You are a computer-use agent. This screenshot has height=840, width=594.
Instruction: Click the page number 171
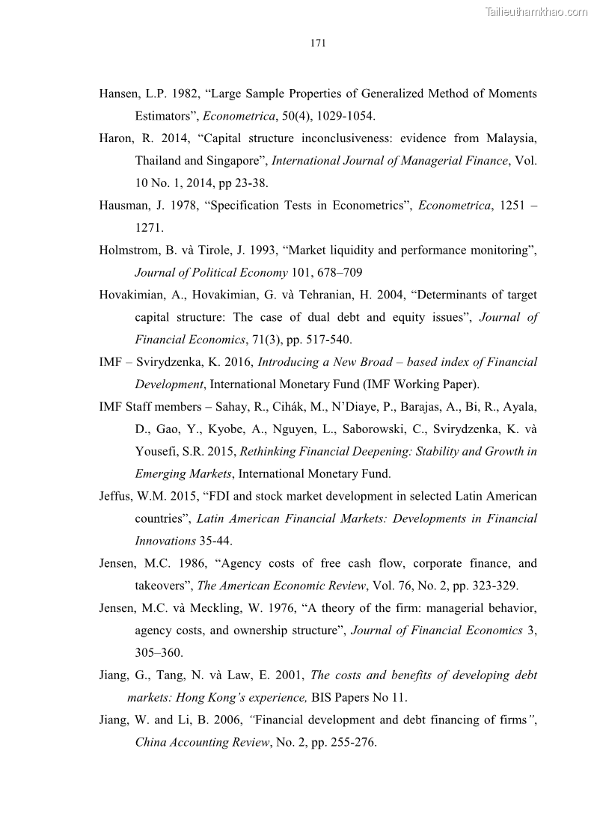[317, 43]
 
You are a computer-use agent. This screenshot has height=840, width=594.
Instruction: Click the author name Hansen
[118, 93]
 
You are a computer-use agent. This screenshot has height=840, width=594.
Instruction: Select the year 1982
[182, 93]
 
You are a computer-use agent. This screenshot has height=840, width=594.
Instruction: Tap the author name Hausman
[122, 206]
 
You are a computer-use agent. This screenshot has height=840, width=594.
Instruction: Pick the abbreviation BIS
[322, 698]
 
